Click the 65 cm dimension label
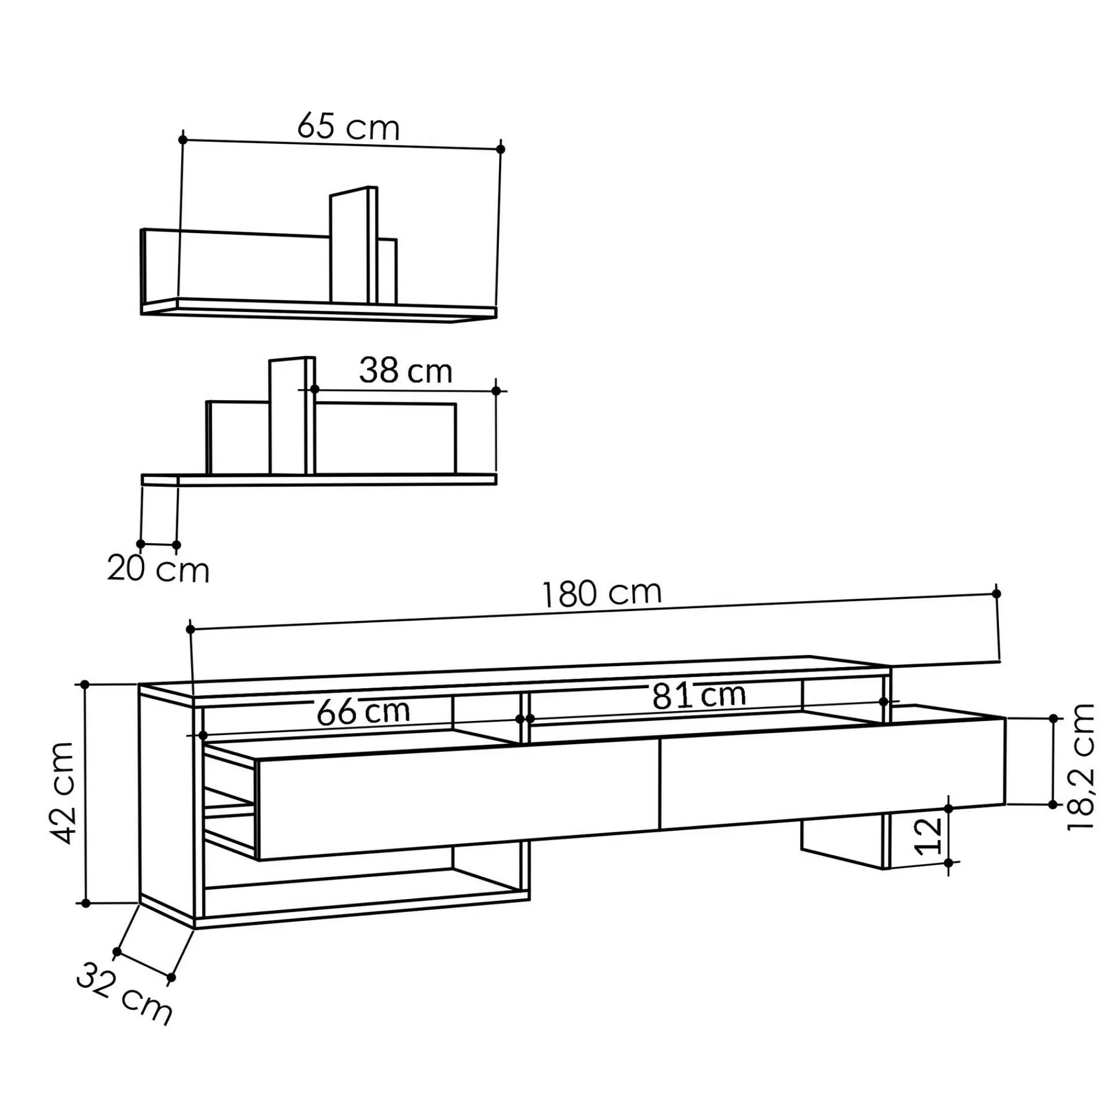click(x=348, y=127)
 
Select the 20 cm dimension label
click(x=158, y=569)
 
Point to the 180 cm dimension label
click(x=602, y=593)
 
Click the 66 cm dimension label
click(x=363, y=712)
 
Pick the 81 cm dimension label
click(x=699, y=695)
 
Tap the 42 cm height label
click(x=62, y=794)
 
